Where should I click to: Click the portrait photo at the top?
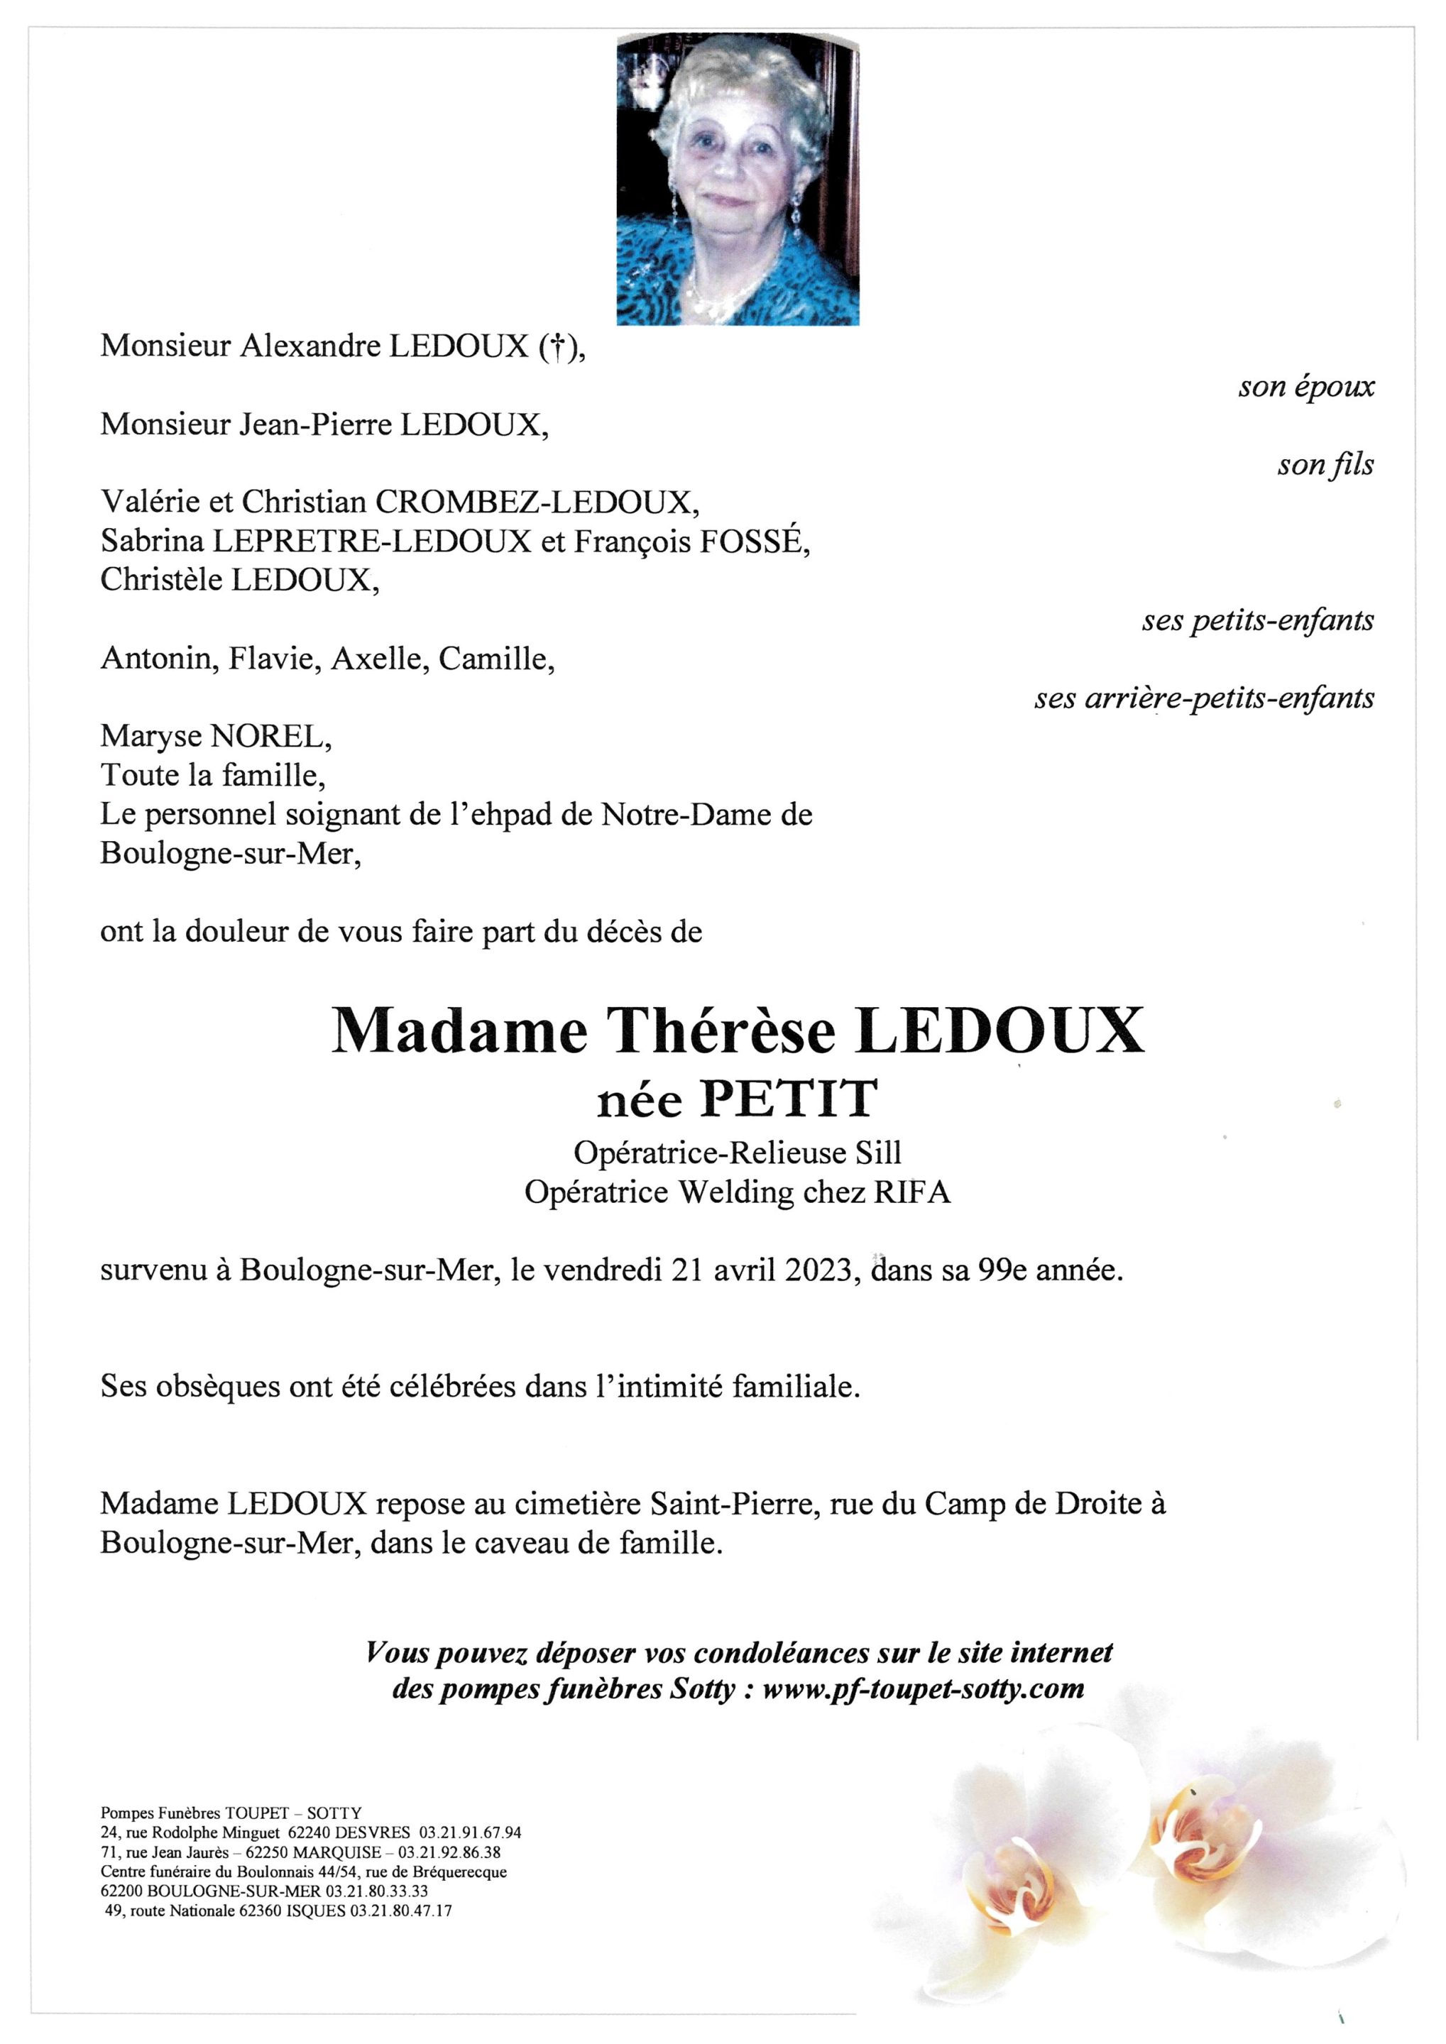[x=738, y=178]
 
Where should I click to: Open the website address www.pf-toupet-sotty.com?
[x=924, y=1688]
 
